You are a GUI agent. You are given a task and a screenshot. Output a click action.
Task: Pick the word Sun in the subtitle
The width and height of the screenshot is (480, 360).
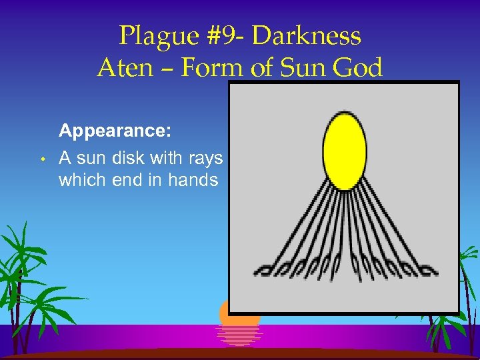click(x=295, y=68)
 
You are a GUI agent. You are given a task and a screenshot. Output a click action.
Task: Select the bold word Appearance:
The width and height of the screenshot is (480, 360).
click(x=115, y=131)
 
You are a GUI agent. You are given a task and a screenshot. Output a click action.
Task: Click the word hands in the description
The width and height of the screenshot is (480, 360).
click(x=195, y=180)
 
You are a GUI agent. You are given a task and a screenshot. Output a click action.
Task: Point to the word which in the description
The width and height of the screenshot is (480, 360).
click(x=79, y=180)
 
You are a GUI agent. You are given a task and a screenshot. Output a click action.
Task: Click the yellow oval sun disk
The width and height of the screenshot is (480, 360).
click(x=345, y=151)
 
